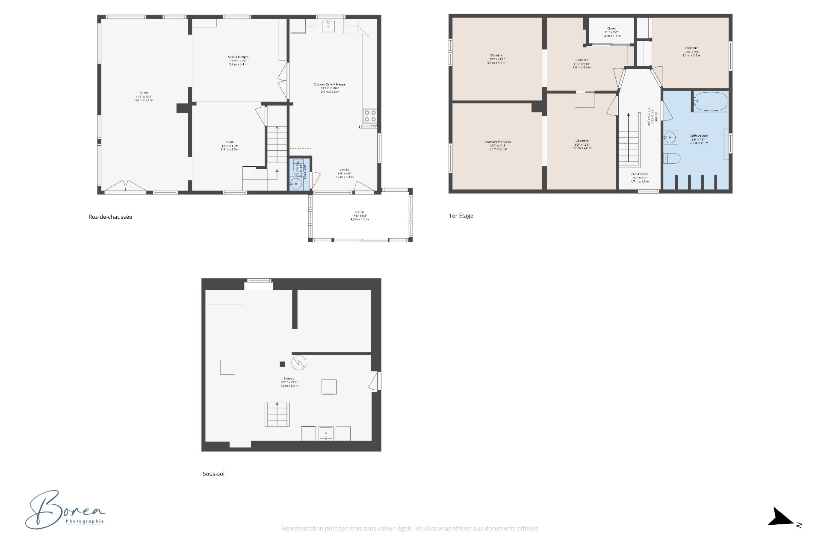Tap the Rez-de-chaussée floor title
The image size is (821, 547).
click(110, 217)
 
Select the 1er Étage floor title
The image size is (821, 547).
click(461, 216)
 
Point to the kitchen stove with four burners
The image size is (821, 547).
click(370, 116)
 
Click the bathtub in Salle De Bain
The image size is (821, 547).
click(711, 102)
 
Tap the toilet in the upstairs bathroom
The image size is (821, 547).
click(672, 159)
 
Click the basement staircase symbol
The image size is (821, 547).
click(277, 414)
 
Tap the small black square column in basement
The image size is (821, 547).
click(282, 364)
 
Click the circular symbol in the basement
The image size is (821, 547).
click(299, 363)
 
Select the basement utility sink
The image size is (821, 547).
click(326, 433)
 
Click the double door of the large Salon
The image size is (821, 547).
click(125, 185)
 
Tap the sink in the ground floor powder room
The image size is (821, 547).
click(295, 184)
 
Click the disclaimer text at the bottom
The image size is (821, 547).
click(410, 529)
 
